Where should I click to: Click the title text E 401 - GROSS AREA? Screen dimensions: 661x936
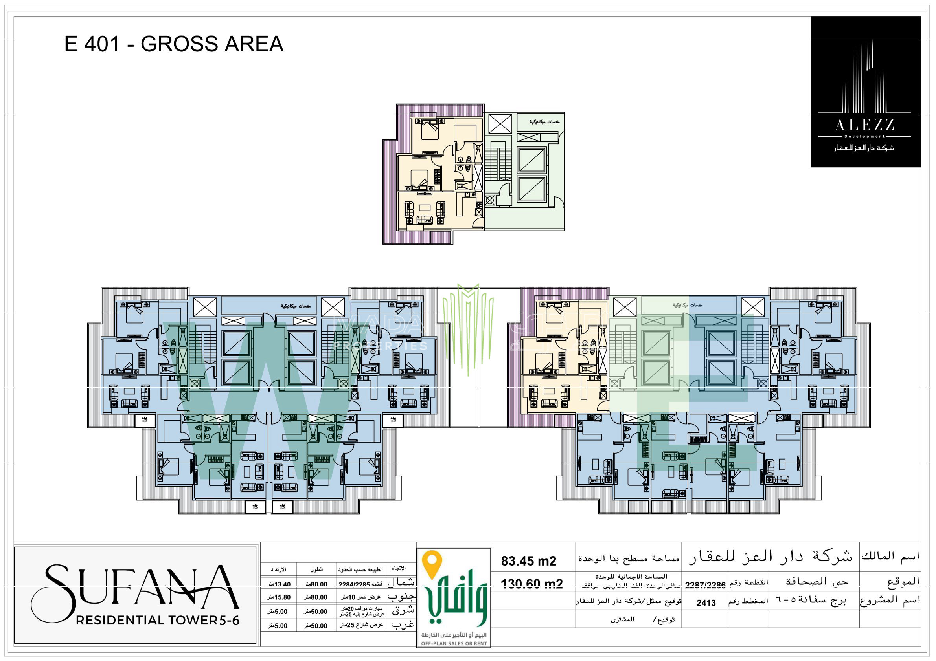pyautogui.click(x=174, y=44)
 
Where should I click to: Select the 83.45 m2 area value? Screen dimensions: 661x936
pyautogui.click(x=528, y=561)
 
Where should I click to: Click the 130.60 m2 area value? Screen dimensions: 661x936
pyautogui.click(x=531, y=584)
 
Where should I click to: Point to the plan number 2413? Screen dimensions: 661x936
pyautogui.click(x=706, y=603)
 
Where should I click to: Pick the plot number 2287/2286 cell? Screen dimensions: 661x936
pyautogui.click(x=705, y=585)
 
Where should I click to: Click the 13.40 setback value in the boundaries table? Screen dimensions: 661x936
pyautogui.click(x=279, y=584)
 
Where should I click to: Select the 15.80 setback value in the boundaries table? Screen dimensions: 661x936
pyautogui.click(x=279, y=597)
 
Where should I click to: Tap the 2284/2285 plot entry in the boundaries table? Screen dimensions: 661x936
pyautogui.click(x=354, y=584)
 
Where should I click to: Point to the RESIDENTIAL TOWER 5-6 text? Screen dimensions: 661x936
pyautogui.click(x=157, y=620)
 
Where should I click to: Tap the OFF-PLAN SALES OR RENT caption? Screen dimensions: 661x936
pyautogui.click(x=454, y=643)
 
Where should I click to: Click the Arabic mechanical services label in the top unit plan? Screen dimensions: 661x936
pyautogui.click(x=544, y=122)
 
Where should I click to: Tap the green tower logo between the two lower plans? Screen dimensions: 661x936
pyautogui.click(x=468, y=326)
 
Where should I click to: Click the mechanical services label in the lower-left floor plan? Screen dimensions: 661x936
pyautogui.click(x=296, y=306)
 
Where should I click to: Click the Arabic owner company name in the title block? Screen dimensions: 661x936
pyautogui.click(x=770, y=557)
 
